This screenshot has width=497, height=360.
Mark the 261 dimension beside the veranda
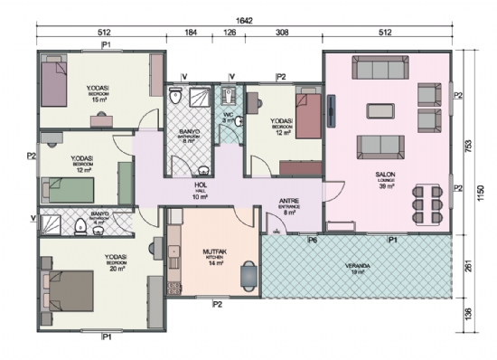[468, 269]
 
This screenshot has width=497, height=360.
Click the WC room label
[229, 114]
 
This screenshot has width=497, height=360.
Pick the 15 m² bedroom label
[98, 88]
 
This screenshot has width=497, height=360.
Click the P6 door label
[312, 241]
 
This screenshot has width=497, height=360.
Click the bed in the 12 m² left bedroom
[71, 191]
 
